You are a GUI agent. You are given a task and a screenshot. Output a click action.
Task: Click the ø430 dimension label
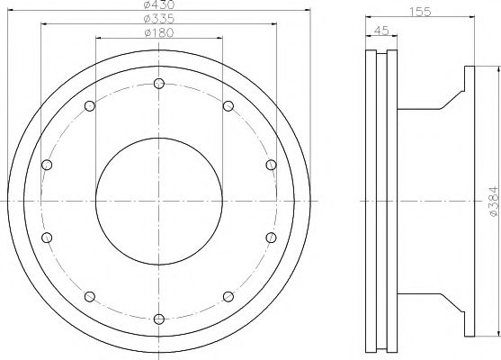158,6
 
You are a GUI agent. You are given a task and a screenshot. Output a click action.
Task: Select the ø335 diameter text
158,21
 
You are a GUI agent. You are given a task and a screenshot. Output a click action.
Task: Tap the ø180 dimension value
158,34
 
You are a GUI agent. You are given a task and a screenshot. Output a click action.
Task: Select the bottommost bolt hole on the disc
158,319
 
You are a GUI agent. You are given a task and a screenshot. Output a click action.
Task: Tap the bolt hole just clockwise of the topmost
228,106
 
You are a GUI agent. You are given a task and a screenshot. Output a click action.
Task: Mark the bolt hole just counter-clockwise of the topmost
89,106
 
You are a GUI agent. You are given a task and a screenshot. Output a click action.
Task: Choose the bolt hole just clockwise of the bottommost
89,295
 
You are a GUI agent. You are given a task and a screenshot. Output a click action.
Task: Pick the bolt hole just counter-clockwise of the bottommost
228,295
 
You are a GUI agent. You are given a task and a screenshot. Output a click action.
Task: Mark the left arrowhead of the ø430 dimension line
10,11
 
